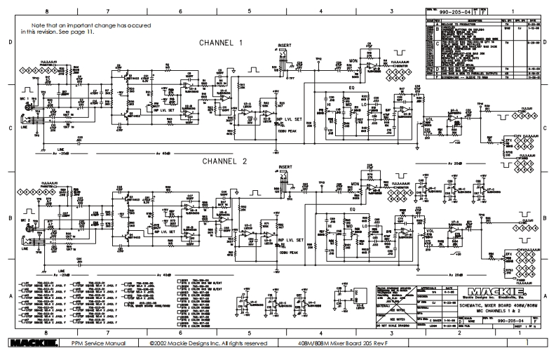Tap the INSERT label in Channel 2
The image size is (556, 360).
coord(285,167)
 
